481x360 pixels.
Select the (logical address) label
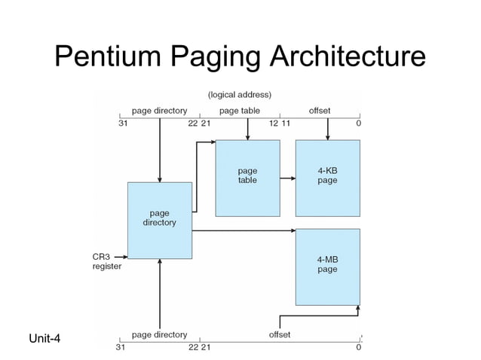(x=240, y=95)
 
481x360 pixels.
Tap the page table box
(x=247, y=178)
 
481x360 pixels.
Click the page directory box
(x=160, y=220)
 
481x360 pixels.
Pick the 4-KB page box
(x=327, y=178)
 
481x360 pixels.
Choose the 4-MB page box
(x=327, y=266)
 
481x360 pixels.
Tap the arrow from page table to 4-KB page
(x=287, y=178)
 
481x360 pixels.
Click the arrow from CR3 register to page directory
(x=120, y=257)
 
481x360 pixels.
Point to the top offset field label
(x=320, y=111)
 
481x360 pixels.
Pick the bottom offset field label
(x=279, y=334)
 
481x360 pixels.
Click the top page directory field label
(x=159, y=111)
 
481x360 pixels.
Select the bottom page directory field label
(x=159, y=334)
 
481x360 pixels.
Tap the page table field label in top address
(x=240, y=111)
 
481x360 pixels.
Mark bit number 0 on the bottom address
(x=358, y=347)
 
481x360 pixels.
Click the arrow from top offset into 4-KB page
(x=327, y=130)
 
